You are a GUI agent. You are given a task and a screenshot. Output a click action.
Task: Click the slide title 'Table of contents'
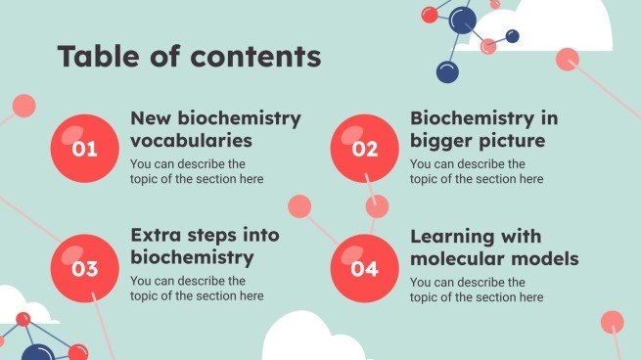click(x=189, y=57)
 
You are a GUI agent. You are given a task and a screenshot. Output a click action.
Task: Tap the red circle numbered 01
click(x=85, y=149)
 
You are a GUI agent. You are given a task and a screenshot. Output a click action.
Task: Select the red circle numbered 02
click(x=364, y=149)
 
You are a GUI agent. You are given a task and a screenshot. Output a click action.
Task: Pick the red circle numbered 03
click(x=85, y=267)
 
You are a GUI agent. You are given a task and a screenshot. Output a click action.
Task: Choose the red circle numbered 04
click(x=364, y=267)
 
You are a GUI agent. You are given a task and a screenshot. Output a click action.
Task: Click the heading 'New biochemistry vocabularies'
click(x=215, y=129)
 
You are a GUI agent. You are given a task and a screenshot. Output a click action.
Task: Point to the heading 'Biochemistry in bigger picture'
click(x=483, y=129)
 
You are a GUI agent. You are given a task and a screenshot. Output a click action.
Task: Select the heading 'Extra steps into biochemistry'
click(x=205, y=247)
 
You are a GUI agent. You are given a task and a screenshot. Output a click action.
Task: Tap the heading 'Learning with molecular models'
click(x=494, y=247)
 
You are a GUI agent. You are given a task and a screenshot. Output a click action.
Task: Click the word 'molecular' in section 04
click(x=453, y=259)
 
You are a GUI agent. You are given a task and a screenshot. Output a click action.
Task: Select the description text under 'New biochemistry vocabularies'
click(x=196, y=171)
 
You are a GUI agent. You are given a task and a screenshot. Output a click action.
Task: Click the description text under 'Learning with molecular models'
click(x=476, y=290)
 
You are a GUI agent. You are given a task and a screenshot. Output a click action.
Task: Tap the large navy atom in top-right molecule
click(x=463, y=20)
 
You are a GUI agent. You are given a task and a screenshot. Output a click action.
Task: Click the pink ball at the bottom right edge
click(x=612, y=322)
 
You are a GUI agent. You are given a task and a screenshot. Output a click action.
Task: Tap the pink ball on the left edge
click(x=23, y=106)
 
